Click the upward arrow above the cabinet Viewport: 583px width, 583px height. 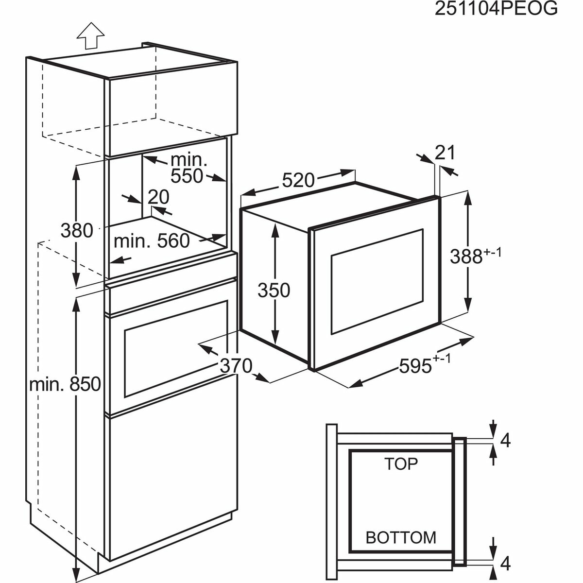91,36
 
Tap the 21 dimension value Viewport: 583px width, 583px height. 445,153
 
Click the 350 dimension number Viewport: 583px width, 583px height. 274,290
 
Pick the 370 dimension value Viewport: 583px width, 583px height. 236,365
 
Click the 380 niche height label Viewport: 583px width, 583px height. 77,230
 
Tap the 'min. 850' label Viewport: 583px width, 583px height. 65,384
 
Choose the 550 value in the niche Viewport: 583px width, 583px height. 187,176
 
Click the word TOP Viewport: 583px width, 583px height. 401,464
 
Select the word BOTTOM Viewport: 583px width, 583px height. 401,537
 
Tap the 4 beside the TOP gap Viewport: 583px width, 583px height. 505,440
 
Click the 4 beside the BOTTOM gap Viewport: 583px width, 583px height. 505,564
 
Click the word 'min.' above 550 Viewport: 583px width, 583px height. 189,159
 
